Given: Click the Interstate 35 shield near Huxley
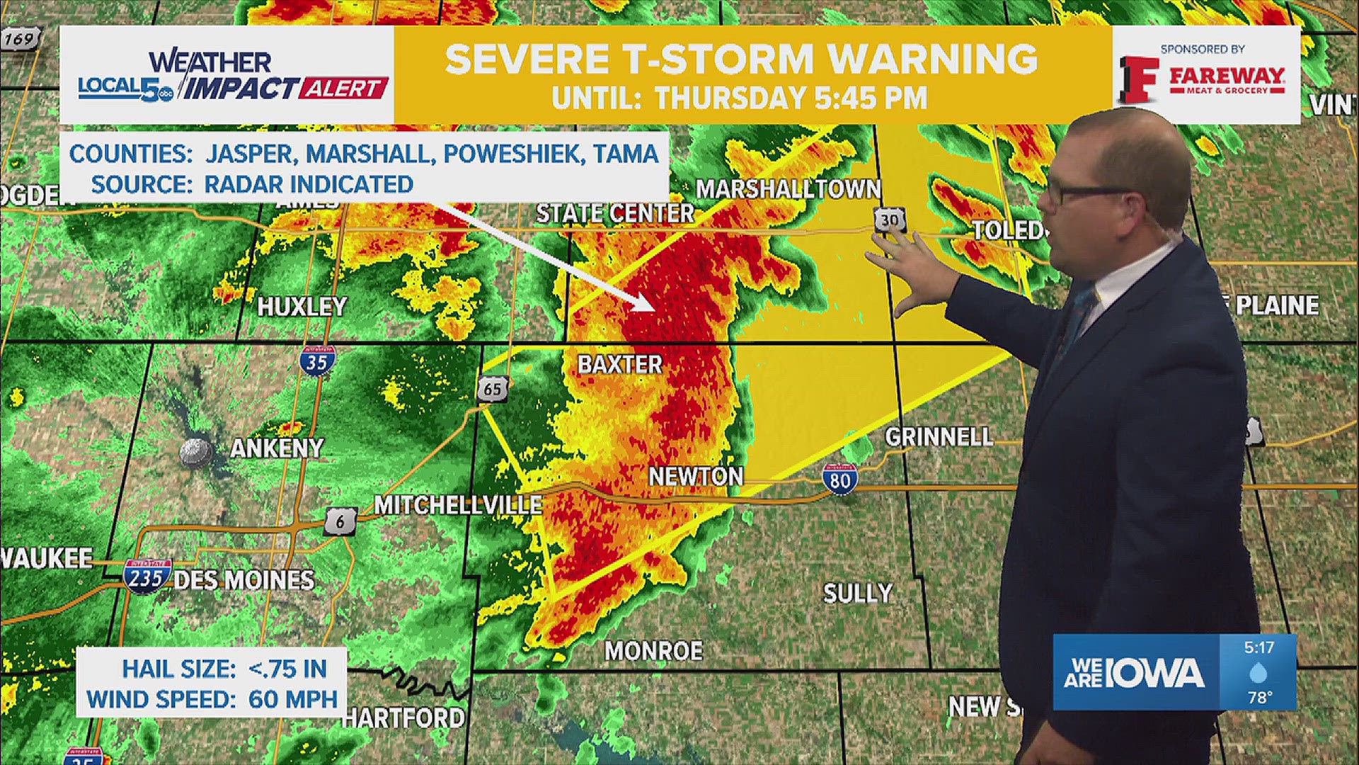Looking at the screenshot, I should pyautogui.click(x=316, y=361).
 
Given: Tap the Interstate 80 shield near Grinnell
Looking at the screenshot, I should pyautogui.click(x=840, y=480).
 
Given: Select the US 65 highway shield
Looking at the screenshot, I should pyautogui.click(x=492, y=388).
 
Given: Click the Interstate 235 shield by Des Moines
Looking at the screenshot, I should pyautogui.click(x=147, y=577).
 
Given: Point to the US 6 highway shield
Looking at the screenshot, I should pyautogui.click(x=340, y=522).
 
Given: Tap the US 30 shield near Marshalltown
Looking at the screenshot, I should pyautogui.click(x=890, y=220).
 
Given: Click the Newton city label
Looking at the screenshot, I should pyautogui.click(x=696, y=477).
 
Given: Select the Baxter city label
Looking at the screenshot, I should pyautogui.click(x=620, y=364).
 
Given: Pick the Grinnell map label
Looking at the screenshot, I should pyautogui.click(x=939, y=436).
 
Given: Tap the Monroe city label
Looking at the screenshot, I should pyautogui.click(x=653, y=651).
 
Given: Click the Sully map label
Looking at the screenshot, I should pyautogui.click(x=857, y=593).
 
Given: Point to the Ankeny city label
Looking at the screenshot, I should pyautogui.click(x=277, y=448).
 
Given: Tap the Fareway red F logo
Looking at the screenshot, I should pyautogui.click(x=1138, y=79).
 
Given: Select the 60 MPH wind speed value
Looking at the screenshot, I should pyautogui.click(x=292, y=699).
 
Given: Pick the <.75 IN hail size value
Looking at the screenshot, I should pyautogui.click(x=287, y=669).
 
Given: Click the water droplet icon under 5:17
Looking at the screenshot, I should pyautogui.click(x=1258, y=672).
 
